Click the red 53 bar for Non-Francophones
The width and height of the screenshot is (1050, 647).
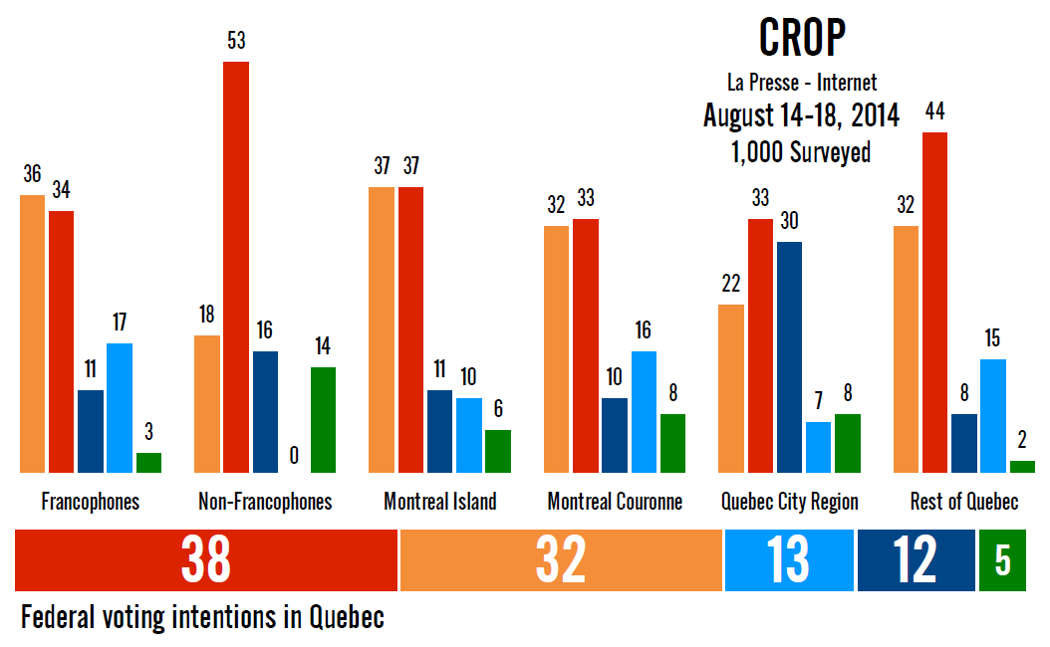pyautogui.click(x=236, y=267)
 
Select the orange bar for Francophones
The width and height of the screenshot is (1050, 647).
pyautogui.click(x=32, y=333)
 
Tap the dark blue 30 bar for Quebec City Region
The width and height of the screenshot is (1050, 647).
pyautogui.click(x=789, y=356)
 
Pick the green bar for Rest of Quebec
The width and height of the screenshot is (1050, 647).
pyautogui.click(x=1022, y=466)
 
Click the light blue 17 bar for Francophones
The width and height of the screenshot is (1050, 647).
pyautogui.click(x=120, y=407)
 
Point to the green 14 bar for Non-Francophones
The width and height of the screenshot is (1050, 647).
pyautogui.click(x=323, y=419)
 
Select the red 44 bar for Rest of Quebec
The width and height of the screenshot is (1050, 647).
pyautogui.click(x=934, y=302)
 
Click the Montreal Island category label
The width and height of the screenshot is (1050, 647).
pyautogui.click(x=439, y=501)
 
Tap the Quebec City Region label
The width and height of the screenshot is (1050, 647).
pyautogui.click(x=789, y=501)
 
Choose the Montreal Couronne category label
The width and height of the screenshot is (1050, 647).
pyautogui.click(x=615, y=501)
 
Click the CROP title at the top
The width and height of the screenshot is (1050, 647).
pyautogui.click(x=802, y=38)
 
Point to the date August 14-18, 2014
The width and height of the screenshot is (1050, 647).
pyautogui.click(x=801, y=115)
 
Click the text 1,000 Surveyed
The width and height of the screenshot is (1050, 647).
pyautogui.click(x=801, y=152)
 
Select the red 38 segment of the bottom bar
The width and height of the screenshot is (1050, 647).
pyautogui.click(x=206, y=560)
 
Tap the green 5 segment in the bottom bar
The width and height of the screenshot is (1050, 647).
pyautogui.click(x=1003, y=560)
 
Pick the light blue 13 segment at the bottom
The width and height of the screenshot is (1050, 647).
pyautogui.click(x=789, y=560)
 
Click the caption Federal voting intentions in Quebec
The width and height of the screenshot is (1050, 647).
pyautogui.click(x=202, y=618)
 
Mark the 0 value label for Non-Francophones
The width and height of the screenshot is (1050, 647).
pyautogui.click(x=294, y=455)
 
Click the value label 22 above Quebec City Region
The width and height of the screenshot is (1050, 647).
pyautogui.click(x=731, y=285)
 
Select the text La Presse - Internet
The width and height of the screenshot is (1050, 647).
pyautogui.click(x=802, y=83)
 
